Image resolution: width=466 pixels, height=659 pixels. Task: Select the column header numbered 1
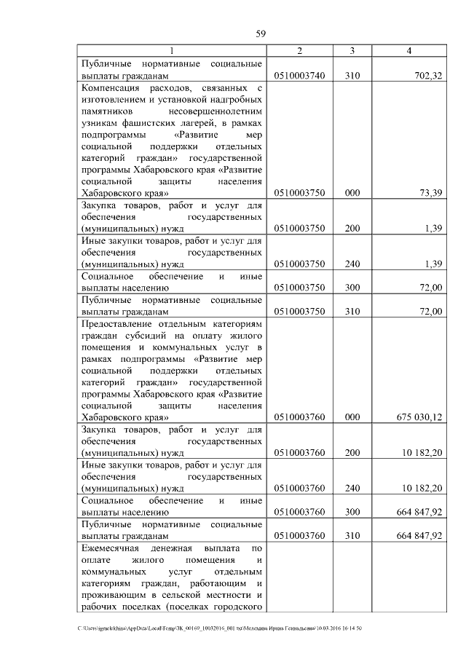pyautogui.click(x=172, y=50)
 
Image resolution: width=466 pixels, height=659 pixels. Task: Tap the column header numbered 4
pyautogui.click(x=409, y=50)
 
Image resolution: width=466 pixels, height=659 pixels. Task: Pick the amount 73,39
pyautogui.click(x=431, y=193)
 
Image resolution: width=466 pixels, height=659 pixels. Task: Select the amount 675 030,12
pyautogui.click(x=416, y=417)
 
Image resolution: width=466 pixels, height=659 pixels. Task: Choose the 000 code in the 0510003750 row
pyautogui.click(x=352, y=193)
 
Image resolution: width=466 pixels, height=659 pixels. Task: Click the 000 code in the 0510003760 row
pyautogui.click(x=352, y=417)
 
